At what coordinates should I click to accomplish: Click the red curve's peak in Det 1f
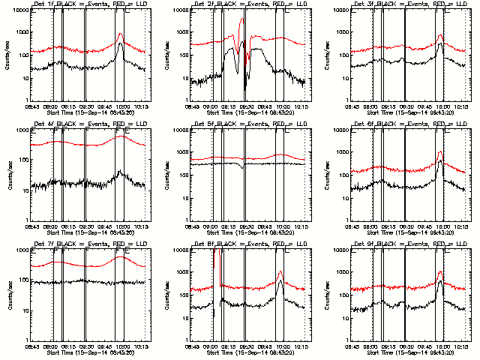(121, 34)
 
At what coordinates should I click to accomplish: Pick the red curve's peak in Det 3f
(441, 34)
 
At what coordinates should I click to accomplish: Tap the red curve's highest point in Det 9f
(440, 271)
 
